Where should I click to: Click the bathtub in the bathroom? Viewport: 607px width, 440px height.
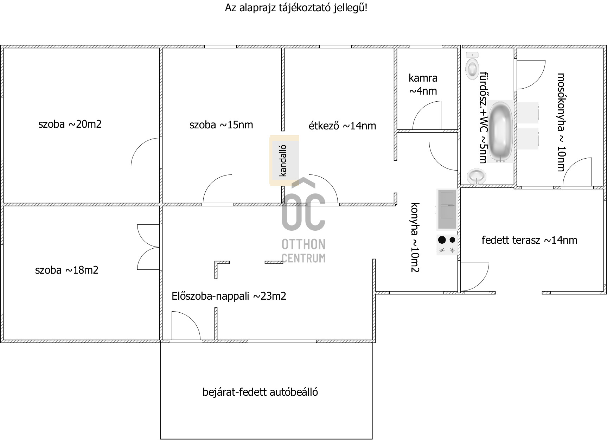point(501,132)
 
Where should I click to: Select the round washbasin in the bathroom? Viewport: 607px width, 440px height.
point(477,176)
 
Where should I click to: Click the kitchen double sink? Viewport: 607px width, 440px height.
point(447,210)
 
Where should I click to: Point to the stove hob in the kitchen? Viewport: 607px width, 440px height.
point(447,245)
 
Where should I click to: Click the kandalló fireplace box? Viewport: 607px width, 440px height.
point(285,160)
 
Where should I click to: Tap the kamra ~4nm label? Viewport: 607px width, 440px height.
point(423,84)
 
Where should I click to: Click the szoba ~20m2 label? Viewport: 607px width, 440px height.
point(70,124)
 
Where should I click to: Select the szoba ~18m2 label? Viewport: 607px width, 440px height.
point(67,270)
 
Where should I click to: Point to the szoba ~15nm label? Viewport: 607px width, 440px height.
point(221,125)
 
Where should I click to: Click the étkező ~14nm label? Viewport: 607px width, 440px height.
point(343,126)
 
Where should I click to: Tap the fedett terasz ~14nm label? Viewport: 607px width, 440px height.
point(529,240)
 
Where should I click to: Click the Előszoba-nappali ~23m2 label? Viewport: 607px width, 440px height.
point(229,296)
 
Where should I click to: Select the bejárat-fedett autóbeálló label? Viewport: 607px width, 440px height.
point(260,392)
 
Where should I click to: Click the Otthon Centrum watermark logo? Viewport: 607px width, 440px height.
point(303,221)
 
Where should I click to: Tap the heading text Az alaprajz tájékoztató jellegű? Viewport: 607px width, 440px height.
point(296,8)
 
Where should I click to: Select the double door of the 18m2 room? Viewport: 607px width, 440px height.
point(148,247)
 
